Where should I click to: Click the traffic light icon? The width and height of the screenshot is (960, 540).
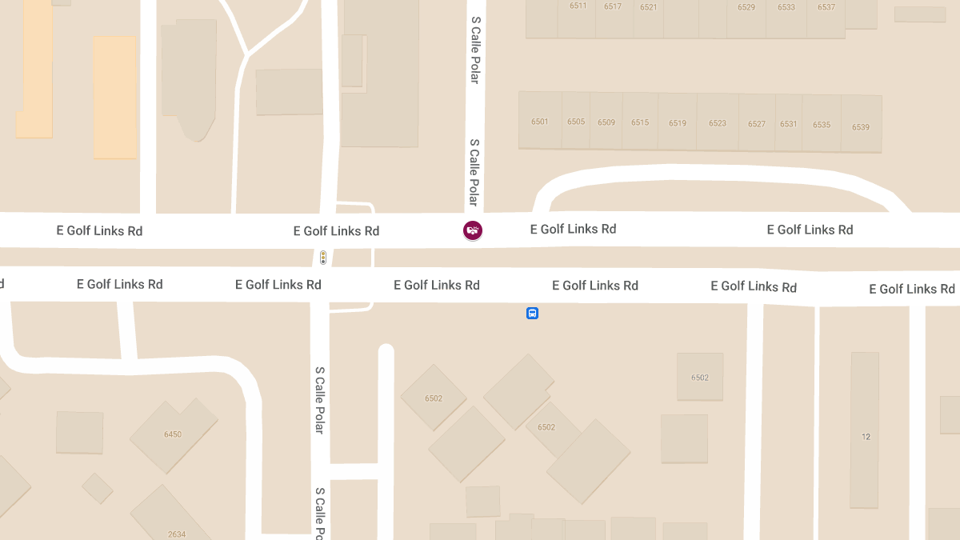coord(323,258)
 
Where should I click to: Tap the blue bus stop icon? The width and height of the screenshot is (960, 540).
coord(532,314)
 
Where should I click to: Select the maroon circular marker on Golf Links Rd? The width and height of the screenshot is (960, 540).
coord(473,230)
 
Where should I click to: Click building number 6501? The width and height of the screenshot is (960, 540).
coord(540,122)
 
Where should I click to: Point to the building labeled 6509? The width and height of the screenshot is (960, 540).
coord(606,122)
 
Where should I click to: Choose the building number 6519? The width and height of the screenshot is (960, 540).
coord(678,123)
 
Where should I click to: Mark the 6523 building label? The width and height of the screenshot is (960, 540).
coord(718,123)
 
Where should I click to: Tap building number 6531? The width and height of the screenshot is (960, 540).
coord(789,124)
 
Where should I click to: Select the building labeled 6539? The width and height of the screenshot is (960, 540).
coord(861,127)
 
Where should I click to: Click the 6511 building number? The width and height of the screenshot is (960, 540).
coord(578,6)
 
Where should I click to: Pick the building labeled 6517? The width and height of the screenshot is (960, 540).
coord(613,6)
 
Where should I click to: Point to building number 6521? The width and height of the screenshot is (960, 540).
coord(649,7)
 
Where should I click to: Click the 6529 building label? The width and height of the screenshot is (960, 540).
coord(746,7)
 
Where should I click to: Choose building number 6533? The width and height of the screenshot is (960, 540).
coord(786,7)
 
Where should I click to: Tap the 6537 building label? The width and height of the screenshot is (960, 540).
coord(826,7)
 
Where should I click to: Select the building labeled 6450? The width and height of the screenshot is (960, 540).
coord(173,434)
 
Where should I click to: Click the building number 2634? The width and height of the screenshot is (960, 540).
coord(177,534)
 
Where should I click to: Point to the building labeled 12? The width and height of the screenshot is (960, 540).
coord(866,437)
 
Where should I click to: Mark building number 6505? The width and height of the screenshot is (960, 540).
coord(576,122)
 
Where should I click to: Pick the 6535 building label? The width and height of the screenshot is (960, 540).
coord(822,125)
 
